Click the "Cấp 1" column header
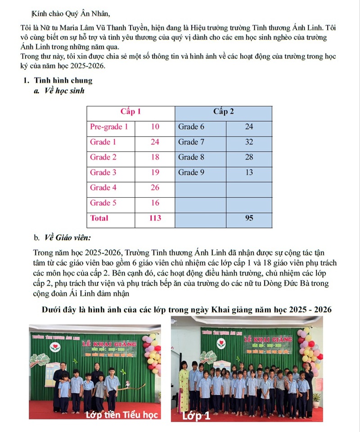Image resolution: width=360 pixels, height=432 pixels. [x=130, y=112]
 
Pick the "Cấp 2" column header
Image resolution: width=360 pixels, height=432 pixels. [x=223, y=112]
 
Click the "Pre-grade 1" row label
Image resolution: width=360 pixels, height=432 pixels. [x=109, y=127]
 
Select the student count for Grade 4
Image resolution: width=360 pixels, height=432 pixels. [x=155, y=187]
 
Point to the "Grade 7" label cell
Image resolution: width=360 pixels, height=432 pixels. [x=191, y=142]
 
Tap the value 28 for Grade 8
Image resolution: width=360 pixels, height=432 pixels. [x=249, y=157]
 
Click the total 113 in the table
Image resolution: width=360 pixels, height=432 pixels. [x=155, y=218]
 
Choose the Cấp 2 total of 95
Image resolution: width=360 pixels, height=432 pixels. [x=249, y=218]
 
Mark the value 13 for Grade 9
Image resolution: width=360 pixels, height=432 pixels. [x=249, y=172]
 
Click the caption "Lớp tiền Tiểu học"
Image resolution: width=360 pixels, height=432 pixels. [x=122, y=415]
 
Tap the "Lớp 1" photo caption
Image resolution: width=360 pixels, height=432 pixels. [x=196, y=416]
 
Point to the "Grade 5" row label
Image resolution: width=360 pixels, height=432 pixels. [x=103, y=203]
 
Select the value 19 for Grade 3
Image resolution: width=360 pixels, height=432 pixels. [x=155, y=172]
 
